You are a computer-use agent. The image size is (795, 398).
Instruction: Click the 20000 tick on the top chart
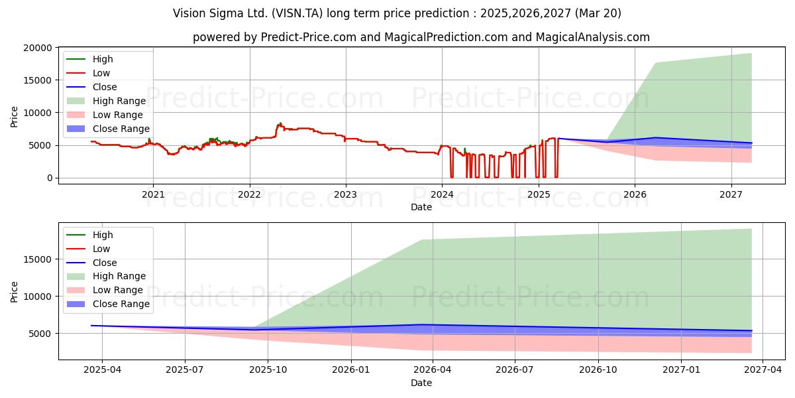click(37, 48)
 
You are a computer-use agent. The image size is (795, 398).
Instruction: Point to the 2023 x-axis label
click(346, 194)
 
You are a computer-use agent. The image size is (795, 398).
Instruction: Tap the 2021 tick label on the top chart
click(153, 194)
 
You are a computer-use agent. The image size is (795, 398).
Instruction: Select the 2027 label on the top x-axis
click(731, 194)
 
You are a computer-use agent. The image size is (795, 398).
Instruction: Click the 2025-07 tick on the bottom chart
click(185, 369)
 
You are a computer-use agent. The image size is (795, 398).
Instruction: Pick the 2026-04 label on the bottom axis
click(432, 369)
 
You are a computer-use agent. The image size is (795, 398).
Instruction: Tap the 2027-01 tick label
click(681, 369)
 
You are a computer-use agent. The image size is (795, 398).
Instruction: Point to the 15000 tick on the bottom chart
click(37, 259)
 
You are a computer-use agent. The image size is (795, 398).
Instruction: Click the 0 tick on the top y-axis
click(50, 178)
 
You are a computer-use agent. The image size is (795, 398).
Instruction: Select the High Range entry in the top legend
click(106, 101)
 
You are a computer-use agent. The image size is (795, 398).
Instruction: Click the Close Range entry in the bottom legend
click(108, 304)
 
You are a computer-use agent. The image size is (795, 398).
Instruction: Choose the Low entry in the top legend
click(88, 73)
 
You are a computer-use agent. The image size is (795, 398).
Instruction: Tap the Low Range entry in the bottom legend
click(105, 290)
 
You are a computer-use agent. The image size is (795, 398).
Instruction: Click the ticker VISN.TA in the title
click(297, 13)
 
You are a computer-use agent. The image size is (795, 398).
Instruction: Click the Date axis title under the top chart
click(421, 207)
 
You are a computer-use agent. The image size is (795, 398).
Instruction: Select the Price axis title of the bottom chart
click(14, 292)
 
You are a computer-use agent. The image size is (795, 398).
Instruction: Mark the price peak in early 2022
click(280, 123)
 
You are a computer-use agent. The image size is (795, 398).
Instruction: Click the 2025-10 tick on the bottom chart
click(268, 369)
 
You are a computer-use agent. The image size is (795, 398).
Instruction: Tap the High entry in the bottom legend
click(90, 235)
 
